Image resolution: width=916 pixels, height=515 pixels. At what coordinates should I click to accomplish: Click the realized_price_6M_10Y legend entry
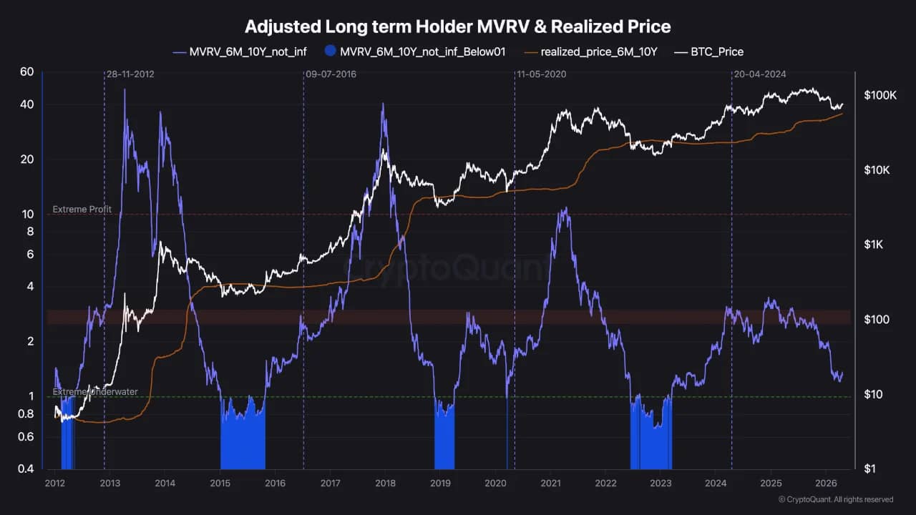[x=598, y=51]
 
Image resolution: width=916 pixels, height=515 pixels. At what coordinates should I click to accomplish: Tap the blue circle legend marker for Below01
[x=330, y=51]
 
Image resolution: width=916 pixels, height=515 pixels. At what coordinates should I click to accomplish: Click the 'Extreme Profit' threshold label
[x=82, y=210]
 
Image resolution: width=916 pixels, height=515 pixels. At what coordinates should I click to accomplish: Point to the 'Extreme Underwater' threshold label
[x=95, y=392]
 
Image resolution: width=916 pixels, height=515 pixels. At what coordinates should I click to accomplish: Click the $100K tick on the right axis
[x=880, y=95]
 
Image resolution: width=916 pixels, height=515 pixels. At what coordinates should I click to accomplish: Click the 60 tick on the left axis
[x=27, y=72]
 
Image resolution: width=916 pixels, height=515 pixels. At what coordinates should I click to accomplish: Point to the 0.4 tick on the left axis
[x=26, y=469]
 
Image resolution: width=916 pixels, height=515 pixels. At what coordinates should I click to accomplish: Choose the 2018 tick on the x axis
[x=384, y=484]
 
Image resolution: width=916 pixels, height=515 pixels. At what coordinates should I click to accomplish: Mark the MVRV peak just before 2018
[x=383, y=104]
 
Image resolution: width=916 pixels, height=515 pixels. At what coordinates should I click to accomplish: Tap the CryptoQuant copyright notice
[x=835, y=499]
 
